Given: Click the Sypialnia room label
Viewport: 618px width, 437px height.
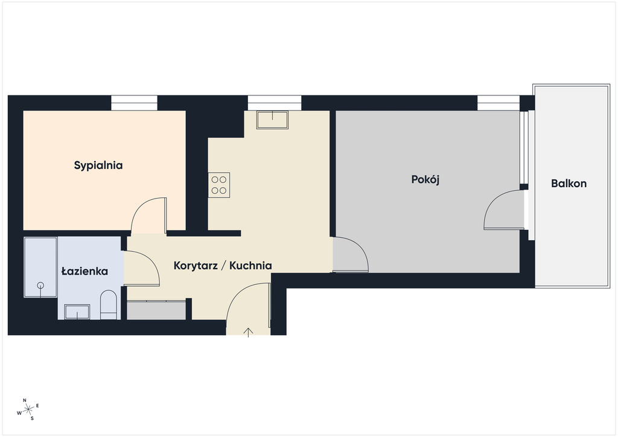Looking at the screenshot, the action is coord(98,165).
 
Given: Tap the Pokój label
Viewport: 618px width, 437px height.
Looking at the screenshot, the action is coord(425,180).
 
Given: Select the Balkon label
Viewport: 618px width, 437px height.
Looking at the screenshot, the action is coord(569,183).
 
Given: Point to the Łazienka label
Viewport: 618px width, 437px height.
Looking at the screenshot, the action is coord(84,271).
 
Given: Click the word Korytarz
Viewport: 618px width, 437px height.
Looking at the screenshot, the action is coord(196,266).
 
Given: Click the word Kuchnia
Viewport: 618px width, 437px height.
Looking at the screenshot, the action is coord(250,266).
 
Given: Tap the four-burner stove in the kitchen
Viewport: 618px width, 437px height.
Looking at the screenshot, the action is coord(219,185).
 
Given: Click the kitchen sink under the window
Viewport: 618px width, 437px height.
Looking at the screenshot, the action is coord(272,120).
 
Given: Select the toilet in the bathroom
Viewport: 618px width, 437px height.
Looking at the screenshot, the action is coord(109,305).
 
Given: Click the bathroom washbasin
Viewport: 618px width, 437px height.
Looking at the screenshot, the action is coord(77,312).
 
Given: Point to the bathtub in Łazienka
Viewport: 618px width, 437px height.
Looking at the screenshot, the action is coord(40,267).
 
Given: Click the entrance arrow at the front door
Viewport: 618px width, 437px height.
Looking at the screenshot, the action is coord(248,333).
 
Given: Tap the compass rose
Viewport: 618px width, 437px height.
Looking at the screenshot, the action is coord(28,409).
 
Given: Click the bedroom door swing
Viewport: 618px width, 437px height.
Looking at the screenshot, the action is coord(148,215).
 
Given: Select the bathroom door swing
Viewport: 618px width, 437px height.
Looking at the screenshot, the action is coord(142,268).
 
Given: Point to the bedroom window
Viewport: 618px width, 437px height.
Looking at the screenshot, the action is coord(135,103).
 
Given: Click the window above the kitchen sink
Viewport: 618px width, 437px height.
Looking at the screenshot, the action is coord(275,103).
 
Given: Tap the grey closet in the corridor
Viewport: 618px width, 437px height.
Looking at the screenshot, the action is coord(156,310).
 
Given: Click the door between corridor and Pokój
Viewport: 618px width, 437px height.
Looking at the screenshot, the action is coord(351,254).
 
